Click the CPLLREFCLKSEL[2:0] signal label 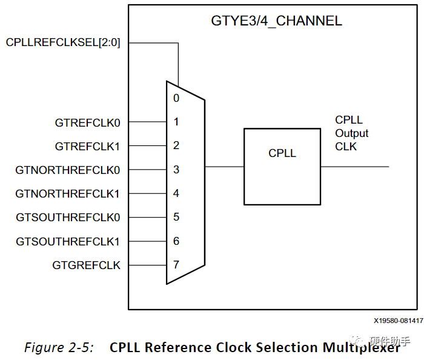(64, 42)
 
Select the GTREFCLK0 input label (88, 123)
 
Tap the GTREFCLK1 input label (88, 147)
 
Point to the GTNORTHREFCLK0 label (68, 170)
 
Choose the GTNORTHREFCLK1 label (68, 194)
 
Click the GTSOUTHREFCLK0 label (68, 218)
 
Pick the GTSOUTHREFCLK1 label (68, 242)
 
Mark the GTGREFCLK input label (87, 265)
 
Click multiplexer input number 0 (176, 98)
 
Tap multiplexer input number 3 (176, 170)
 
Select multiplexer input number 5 (176, 217)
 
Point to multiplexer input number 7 (176, 265)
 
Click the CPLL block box (282, 166)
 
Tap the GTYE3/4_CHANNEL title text (276, 21)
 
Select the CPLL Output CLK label (351, 133)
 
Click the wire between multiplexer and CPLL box (224, 167)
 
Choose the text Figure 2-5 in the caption (59, 347)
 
